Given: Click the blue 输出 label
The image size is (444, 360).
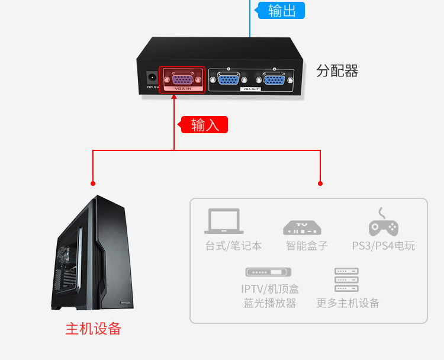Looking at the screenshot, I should [x=281, y=11].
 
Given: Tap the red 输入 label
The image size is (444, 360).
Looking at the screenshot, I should [x=204, y=125].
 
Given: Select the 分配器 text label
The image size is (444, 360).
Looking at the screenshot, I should [x=337, y=71].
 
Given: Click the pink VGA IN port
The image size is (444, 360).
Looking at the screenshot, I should [x=182, y=79].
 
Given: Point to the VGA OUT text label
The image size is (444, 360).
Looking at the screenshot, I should [x=251, y=89].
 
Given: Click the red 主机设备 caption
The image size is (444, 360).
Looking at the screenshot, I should [x=93, y=329].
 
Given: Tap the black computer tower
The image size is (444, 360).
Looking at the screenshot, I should [x=92, y=255].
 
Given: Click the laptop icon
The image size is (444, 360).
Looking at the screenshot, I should [x=224, y=221].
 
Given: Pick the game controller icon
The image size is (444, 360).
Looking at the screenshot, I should [x=383, y=223].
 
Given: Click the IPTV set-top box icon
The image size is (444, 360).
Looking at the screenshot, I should [x=269, y=272].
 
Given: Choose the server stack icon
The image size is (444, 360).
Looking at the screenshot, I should [x=347, y=280].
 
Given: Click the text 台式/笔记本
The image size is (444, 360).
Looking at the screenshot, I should [x=233, y=245].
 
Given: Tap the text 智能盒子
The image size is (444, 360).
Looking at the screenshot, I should [x=307, y=245].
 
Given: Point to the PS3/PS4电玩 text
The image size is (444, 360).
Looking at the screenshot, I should [x=384, y=245].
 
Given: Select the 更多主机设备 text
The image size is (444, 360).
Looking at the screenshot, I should [x=348, y=303].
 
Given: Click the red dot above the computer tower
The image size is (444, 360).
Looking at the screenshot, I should [x=93, y=182].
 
